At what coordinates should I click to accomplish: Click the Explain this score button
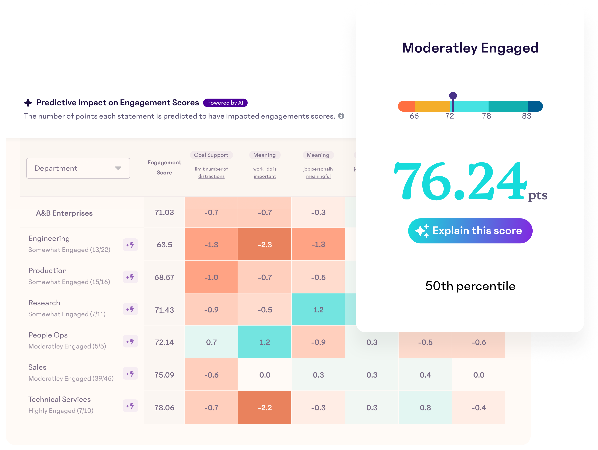click(470, 231)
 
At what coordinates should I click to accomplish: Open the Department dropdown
click(78, 168)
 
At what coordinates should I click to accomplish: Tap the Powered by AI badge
click(225, 103)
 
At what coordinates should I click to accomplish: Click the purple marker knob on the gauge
click(453, 96)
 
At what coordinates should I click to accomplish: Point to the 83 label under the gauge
click(526, 116)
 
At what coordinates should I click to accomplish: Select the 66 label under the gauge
click(414, 116)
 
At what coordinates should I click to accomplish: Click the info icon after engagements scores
click(341, 116)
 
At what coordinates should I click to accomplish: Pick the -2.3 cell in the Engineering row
click(265, 244)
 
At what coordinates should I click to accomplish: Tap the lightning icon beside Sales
click(130, 374)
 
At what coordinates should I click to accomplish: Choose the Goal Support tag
click(211, 155)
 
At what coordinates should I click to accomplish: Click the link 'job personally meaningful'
click(318, 172)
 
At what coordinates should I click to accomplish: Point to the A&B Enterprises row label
click(64, 213)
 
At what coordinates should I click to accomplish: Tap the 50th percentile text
click(470, 286)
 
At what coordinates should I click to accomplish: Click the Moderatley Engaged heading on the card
click(470, 48)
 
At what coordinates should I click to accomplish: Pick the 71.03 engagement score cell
click(164, 212)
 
